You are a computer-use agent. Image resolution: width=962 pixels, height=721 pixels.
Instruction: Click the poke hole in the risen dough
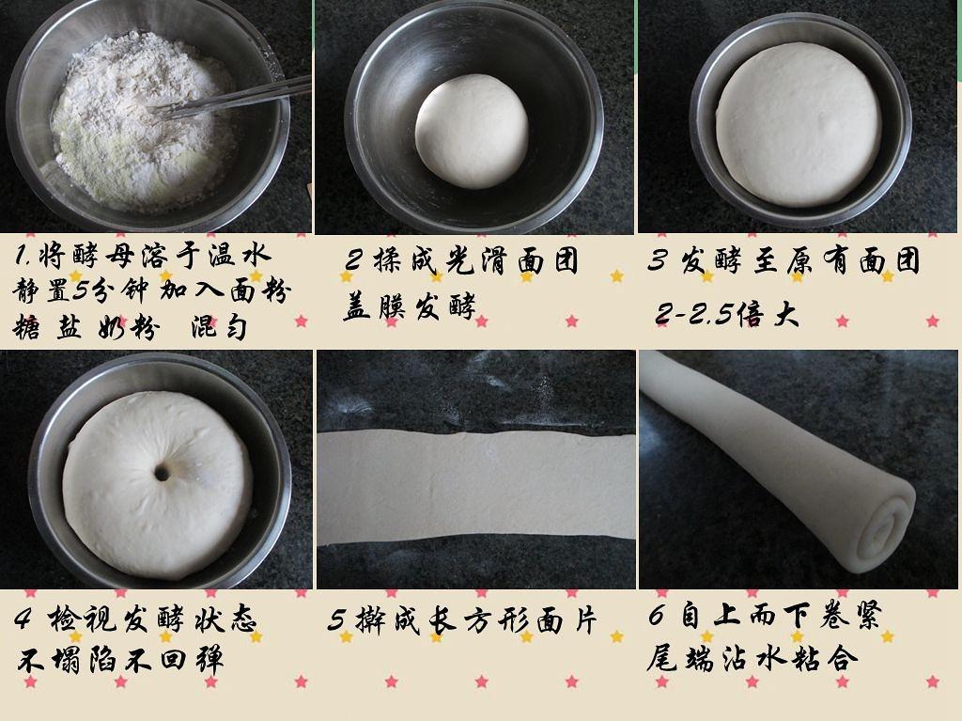click(162, 473)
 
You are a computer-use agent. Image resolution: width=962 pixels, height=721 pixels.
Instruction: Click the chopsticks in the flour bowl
click(230, 99)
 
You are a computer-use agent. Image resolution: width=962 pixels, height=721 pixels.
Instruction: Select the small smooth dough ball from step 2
click(472, 131)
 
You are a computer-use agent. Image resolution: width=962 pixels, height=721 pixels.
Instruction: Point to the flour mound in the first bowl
click(144, 119)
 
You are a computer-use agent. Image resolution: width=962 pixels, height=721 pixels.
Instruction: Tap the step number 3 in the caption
click(657, 260)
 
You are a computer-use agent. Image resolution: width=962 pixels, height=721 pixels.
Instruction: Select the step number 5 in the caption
click(336, 620)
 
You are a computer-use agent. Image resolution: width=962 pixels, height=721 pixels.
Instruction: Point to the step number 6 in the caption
click(657, 616)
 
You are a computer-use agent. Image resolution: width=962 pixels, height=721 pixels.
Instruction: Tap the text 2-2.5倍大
click(727, 315)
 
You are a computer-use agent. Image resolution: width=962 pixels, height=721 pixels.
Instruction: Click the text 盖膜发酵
click(410, 306)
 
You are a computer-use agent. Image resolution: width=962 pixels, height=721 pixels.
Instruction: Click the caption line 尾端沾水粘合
click(752, 657)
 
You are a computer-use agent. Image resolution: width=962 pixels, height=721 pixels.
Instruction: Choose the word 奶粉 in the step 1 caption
click(128, 327)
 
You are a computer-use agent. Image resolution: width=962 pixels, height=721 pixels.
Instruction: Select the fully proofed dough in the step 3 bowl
click(798, 124)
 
